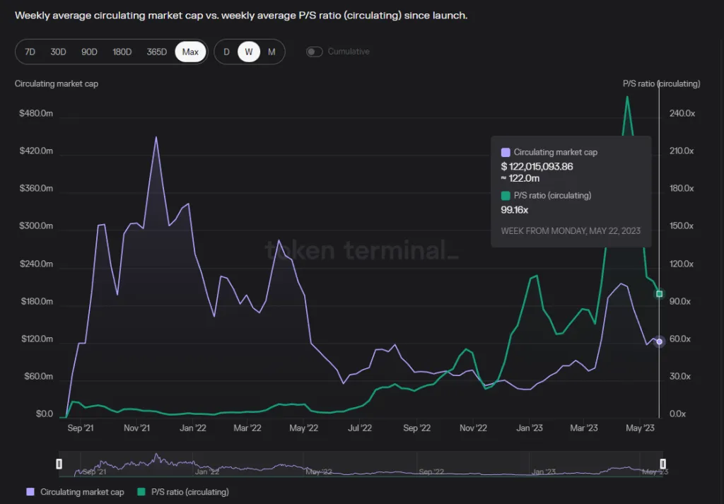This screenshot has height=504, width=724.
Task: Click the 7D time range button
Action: click(30, 52)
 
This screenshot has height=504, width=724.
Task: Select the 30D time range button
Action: click(58, 52)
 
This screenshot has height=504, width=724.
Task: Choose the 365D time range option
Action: click(156, 52)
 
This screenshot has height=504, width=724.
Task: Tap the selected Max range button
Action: click(190, 52)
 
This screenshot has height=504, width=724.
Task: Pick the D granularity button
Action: click(226, 52)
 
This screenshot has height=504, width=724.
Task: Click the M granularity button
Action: click(271, 52)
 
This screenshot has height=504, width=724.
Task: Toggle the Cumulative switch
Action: click(315, 52)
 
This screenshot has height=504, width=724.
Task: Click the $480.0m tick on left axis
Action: click(36, 114)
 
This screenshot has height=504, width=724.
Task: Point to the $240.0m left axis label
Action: click(36, 264)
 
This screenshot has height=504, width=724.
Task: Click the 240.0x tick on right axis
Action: click(682, 114)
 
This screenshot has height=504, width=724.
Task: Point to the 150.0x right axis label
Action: click(682, 226)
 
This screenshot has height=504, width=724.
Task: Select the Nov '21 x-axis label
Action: click(136, 428)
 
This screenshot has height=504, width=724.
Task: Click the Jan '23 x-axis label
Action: click(529, 428)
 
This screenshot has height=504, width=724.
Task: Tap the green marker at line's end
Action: click(659, 294)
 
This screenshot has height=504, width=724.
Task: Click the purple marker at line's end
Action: click(659, 341)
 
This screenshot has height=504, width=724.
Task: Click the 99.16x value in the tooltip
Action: click(515, 210)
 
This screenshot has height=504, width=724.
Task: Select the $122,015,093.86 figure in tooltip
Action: click(537, 167)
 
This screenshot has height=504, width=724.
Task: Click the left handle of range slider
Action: click(59, 464)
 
